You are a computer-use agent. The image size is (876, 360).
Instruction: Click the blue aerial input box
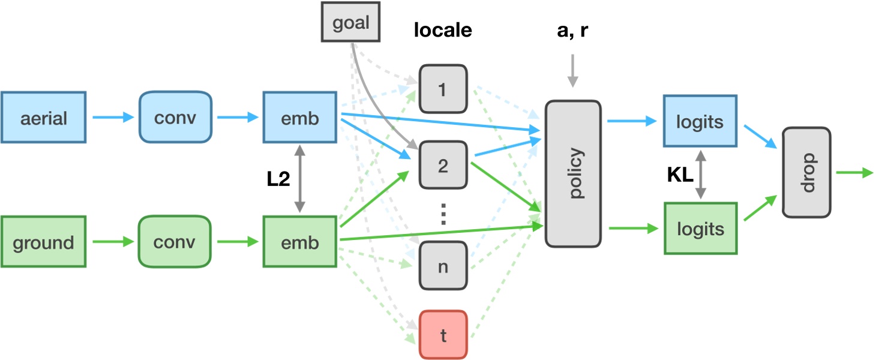tap(43, 117)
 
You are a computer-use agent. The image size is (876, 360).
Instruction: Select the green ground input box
tap(43, 242)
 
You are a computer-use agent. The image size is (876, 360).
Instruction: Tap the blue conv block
tap(175, 117)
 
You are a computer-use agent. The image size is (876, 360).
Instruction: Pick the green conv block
tap(175, 242)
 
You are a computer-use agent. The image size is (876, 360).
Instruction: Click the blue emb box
tap(299, 117)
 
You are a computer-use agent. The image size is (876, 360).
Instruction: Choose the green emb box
tap(299, 242)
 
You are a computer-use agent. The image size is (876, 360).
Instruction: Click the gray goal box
tap(351, 25)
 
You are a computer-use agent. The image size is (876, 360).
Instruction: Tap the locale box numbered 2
tap(443, 165)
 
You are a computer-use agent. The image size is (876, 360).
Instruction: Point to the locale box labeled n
tap(443, 266)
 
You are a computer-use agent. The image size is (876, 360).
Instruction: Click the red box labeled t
tap(443, 335)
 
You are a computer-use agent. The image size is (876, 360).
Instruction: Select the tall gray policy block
tap(572, 174)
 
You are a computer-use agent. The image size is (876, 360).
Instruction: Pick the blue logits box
tap(700, 121)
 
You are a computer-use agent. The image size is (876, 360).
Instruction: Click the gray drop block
tap(807, 172)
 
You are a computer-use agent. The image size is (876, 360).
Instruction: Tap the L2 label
tap(278, 179)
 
